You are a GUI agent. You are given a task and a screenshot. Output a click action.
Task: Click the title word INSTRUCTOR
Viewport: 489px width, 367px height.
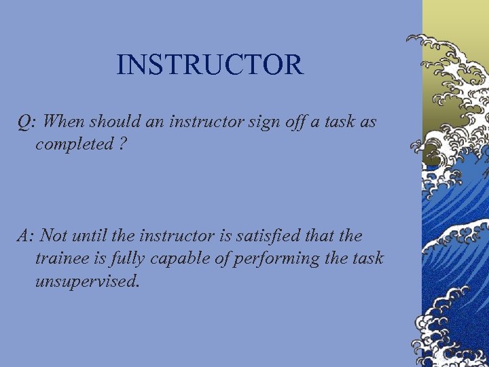pos(209,65)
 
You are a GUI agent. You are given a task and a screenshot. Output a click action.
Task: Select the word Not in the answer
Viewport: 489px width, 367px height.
pos(54,236)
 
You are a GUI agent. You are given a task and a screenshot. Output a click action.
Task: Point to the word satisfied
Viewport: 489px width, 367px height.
pos(259,236)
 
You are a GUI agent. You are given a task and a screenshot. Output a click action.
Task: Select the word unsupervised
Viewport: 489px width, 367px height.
pos(87,281)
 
